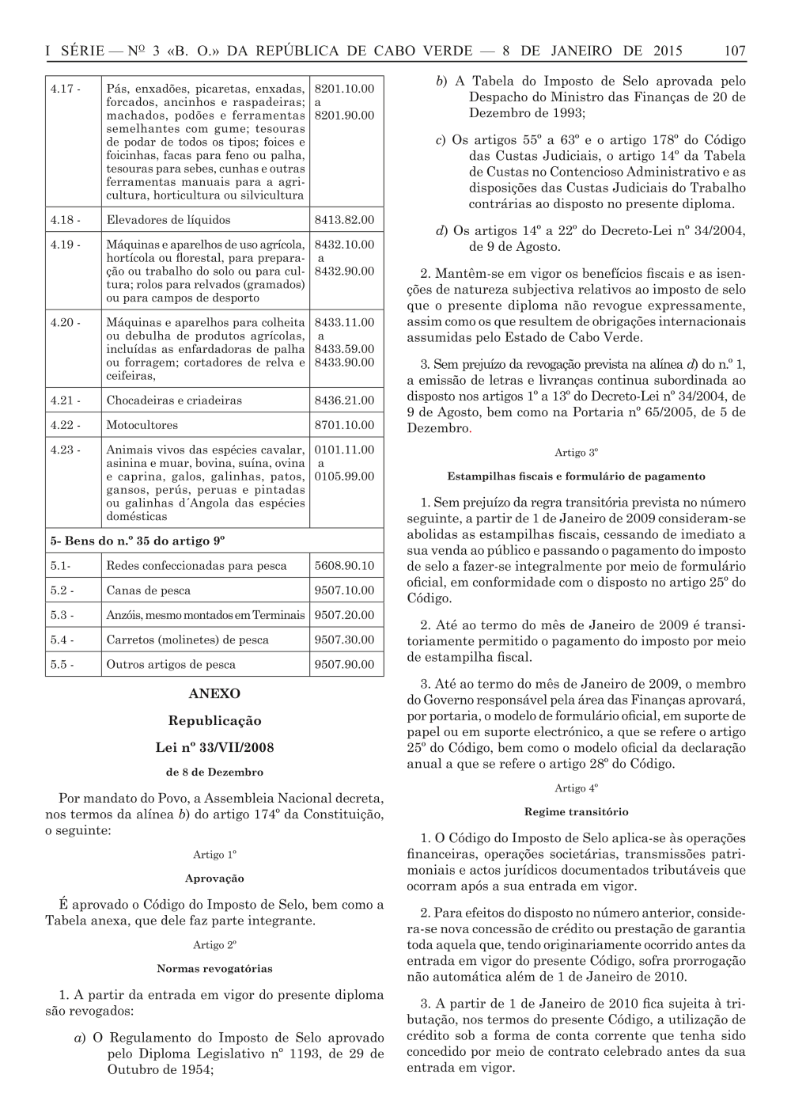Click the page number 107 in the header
tap(734, 51)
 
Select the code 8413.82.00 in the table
tap(344, 220)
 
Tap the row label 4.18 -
tap(65, 220)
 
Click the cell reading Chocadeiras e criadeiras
tap(174, 401)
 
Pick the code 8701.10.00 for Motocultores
tap(344, 425)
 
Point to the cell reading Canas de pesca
tap(149, 590)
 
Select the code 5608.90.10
tap(344, 566)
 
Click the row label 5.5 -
tap(62, 665)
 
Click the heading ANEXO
tap(214, 693)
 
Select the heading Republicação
tap(214, 721)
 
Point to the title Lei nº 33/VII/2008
tap(214, 747)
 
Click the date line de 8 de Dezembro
tap(214, 772)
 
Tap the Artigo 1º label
tap(214, 855)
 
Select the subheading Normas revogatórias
tap(214, 969)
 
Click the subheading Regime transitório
tap(576, 812)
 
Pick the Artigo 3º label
tap(576, 453)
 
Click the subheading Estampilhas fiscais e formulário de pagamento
tap(576, 476)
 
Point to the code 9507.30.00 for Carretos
tap(344, 640)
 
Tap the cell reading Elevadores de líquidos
tap(168, 220)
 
